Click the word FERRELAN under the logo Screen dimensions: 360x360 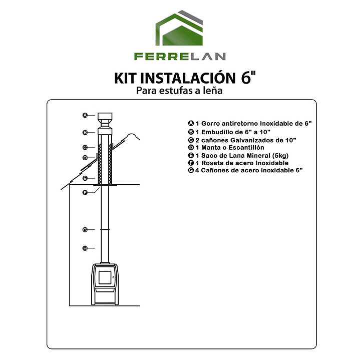click(x=180, y=57)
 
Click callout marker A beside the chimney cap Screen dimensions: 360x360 click(x=85, y=115)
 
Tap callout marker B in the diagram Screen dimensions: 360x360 click(x=85, y=132)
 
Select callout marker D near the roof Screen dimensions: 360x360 click(x=85, y=157)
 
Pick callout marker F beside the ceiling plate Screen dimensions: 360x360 click(x=85, y=193)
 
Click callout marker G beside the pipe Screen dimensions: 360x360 click(x=85, y=230)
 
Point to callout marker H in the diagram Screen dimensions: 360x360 click(x=85, y=248)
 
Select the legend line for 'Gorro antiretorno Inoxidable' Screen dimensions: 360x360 click(x=250, y=123)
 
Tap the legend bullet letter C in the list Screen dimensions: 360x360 click(x=191, y=140)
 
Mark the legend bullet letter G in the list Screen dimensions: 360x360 click(x=191, y=171)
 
